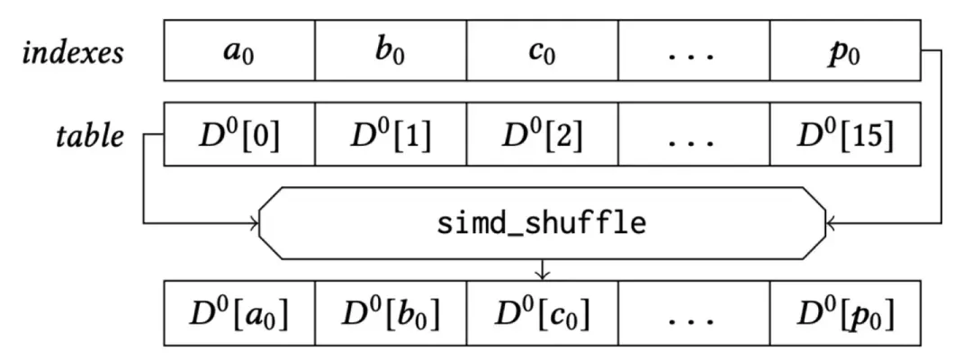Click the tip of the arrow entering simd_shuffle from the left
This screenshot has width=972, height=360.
(258, 222)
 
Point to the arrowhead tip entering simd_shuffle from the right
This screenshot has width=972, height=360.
(826, 222)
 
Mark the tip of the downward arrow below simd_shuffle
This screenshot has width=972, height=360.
(543, 279)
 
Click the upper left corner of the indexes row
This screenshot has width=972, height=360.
(165, 20)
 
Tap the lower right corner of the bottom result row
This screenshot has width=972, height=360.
(921, 345)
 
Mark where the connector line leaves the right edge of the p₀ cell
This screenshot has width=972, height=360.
(921, 50)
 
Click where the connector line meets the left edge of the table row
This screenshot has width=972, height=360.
(165, 134)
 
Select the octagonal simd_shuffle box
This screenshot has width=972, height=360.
(543, 222)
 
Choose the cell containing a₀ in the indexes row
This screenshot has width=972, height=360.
(239, 50)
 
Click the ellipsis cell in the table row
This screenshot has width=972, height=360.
(694, 134)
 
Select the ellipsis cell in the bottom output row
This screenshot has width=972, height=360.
(694, 313)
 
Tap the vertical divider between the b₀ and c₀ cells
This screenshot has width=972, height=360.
(466, 50)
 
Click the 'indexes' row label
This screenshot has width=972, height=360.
(73, 53)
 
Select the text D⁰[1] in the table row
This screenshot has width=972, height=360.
(391, 136)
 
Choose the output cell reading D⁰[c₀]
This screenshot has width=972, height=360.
(542, 313)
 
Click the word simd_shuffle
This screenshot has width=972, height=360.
(541, 224)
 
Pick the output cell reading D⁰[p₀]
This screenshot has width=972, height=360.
(845, 313)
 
